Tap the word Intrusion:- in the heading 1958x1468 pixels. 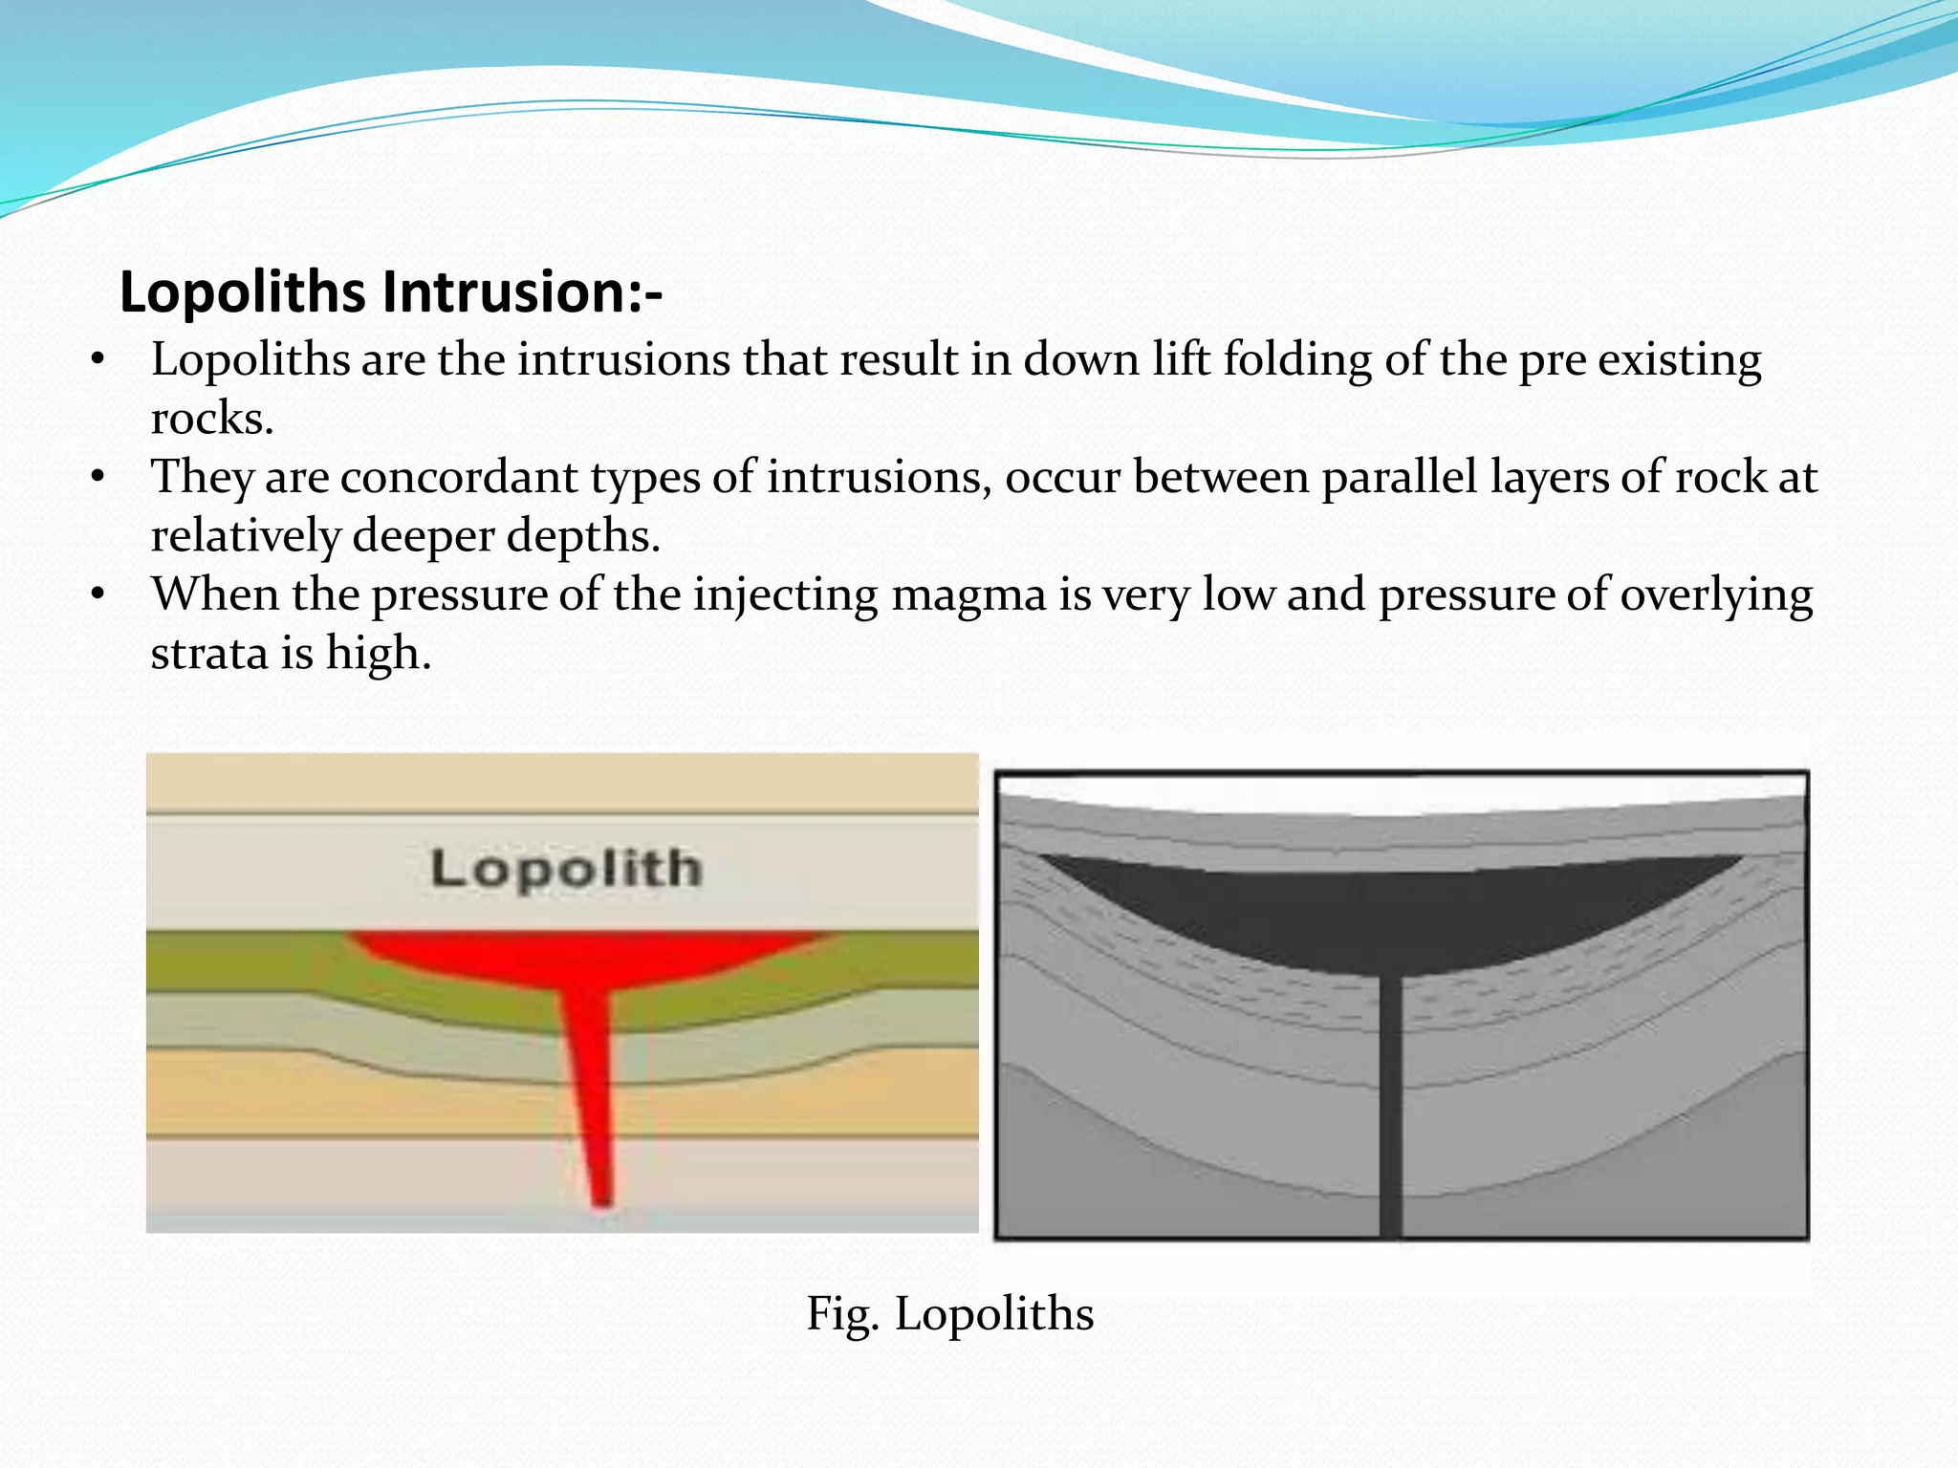coord(522,292)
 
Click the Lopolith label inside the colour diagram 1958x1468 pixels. coord(566,869)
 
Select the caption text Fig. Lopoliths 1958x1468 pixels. coord(949,1313)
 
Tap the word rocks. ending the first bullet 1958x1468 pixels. coord(212,419)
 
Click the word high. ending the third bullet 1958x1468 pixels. coord(379,654)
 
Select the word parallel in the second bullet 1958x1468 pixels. coord(1400,477)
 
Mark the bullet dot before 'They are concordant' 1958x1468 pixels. coord(97,477)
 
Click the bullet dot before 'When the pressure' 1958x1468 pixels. coord(97,594)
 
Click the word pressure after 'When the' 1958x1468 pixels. coord(458,594)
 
